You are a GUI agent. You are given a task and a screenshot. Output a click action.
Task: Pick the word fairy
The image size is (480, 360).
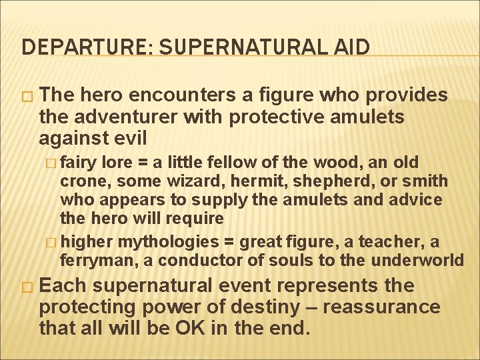click(79, 162)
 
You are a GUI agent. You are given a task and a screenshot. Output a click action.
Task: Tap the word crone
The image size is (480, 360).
click(79, 181)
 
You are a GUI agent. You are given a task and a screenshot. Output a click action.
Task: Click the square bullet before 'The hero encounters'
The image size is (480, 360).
click(27, 96)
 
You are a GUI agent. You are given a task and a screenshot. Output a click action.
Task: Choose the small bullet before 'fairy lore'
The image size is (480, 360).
click(53, 163)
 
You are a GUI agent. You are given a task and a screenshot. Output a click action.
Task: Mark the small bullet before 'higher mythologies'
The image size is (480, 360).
click(53, 241)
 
